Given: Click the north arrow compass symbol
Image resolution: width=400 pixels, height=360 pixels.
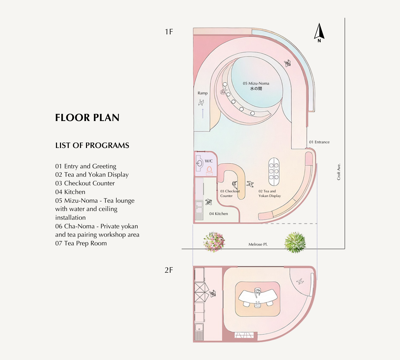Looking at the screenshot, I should coord(319,33).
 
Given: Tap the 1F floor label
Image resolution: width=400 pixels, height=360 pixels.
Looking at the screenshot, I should coord(169,32).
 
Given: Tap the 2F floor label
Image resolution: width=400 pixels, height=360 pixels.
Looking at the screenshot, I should coord(169,270).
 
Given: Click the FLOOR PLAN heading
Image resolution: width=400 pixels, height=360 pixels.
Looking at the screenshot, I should coord(87,118).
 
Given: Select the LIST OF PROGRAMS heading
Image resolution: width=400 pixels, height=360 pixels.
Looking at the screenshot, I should coord(92,145).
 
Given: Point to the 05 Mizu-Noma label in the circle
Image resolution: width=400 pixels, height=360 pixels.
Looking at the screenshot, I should coord(256,83).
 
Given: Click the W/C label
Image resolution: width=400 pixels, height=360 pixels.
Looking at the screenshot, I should coord(209,161).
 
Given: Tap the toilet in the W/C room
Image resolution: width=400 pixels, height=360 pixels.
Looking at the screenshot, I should coord(210,171).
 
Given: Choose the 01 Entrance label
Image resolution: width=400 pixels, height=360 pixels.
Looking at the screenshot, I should coord(319,142).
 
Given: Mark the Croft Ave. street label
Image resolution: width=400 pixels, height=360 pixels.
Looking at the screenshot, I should coord(339,172).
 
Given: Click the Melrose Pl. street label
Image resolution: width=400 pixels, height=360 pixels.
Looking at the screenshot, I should coord(258,244).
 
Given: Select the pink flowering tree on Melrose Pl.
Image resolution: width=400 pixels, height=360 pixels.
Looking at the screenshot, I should coord(214,242).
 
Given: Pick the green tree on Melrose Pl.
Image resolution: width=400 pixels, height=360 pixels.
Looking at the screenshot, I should coord(295,242).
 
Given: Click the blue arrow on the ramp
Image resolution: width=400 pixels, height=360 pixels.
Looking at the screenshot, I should coord(203,113).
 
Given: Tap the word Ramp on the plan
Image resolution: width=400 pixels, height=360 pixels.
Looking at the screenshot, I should coord(203,93).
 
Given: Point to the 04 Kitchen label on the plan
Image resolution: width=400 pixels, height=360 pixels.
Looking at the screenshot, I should coord(219,214).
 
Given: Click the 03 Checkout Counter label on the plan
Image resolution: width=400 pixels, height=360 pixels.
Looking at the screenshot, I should coord(230,193).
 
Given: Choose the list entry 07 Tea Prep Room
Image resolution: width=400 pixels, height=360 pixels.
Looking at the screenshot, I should coord(81,243).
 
